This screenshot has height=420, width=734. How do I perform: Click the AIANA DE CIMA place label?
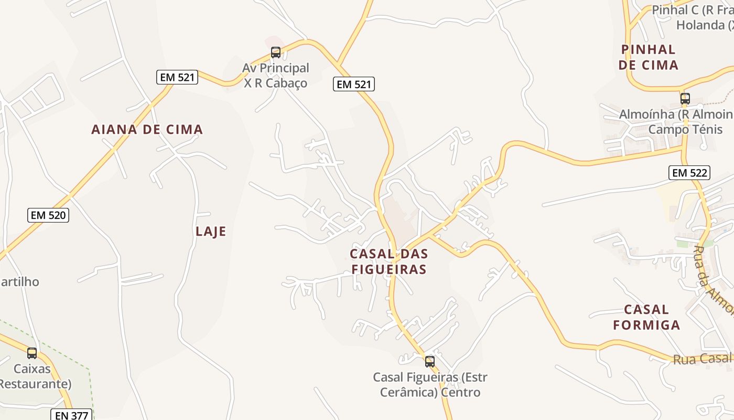[147, 130]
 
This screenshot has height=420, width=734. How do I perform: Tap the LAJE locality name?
[211, 232]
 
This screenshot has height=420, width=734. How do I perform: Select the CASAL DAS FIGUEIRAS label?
[389, 261]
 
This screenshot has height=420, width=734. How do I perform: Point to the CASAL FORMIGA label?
[646, 317]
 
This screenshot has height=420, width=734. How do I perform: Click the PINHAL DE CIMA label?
[648, 57]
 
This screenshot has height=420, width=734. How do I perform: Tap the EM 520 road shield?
[48, 215]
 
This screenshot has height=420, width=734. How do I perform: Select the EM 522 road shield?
[689, 172]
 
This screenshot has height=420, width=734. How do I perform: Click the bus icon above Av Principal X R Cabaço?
[276, 52]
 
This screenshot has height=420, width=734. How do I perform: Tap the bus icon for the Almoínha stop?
[685, 98]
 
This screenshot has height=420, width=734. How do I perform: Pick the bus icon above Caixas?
[32, 353]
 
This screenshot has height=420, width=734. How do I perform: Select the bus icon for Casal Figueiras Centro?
[430, 361]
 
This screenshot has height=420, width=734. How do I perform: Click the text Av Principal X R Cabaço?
[276, 75]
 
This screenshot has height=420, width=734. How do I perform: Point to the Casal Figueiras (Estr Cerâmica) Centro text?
[430, 385]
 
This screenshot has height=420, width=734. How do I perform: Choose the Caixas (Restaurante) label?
[33, 376]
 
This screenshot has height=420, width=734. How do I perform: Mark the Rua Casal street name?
[703, 359]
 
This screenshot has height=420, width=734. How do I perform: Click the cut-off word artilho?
[20, 281]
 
